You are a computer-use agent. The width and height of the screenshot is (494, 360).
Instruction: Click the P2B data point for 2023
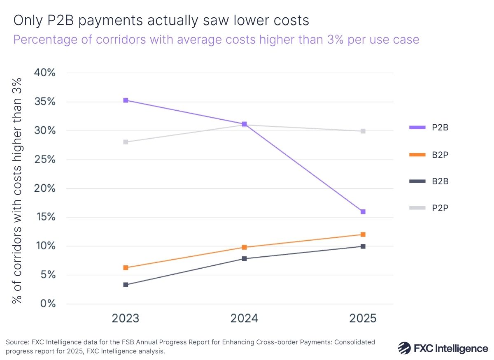tap(126, 100)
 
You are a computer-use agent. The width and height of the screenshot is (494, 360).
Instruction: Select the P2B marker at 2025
tap(363, 212)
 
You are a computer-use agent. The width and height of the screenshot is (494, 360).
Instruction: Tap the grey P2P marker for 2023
tap(126, 142)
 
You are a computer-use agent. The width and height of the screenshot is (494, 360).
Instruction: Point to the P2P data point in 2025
tap(363, 131)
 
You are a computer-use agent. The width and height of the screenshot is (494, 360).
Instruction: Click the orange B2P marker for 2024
tap(244, 247)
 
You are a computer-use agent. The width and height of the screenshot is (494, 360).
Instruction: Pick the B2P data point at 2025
tap(363, 235)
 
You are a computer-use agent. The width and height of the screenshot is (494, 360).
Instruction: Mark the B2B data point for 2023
tap(126, 285)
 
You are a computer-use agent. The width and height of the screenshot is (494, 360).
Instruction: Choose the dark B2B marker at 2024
tap(244, 259)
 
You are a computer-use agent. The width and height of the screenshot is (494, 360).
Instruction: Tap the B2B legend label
tap(440, 181)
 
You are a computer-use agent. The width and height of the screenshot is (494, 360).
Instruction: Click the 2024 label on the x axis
tap(244, 318)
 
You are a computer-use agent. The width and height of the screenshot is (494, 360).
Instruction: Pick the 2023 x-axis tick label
tap(126, 318)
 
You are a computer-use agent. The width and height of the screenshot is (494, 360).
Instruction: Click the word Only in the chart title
tap(27, 20)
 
